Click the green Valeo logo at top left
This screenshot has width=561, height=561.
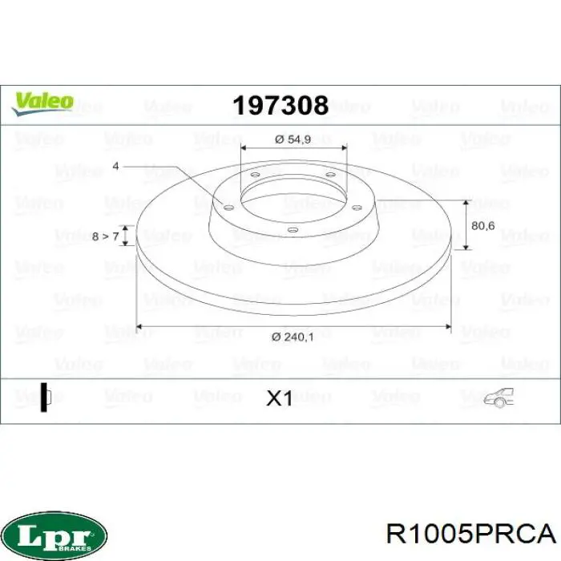(x=42, y=103)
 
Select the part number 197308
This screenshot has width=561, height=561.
(x=280, y=105)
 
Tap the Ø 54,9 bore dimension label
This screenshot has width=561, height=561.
(x=292, y=139)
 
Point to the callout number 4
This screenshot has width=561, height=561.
(x=115, y=166)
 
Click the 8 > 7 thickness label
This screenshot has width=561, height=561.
(x=105, y=236)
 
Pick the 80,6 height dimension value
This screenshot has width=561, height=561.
(x=482, y=226)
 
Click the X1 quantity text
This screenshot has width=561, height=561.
(x=279, y=398)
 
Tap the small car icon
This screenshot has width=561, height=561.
(x=498, y=397)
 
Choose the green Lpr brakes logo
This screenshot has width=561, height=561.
(x=54, y=532)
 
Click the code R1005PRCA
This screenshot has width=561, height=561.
(x=470, y=533)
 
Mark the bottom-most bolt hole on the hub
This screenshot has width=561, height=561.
(x=293, y=231)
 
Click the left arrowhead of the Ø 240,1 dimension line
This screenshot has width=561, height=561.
(x=139, y=326)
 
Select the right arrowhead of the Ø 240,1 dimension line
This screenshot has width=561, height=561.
(x=448, y=326)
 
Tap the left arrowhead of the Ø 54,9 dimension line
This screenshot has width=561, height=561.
(x=244, y=149)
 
